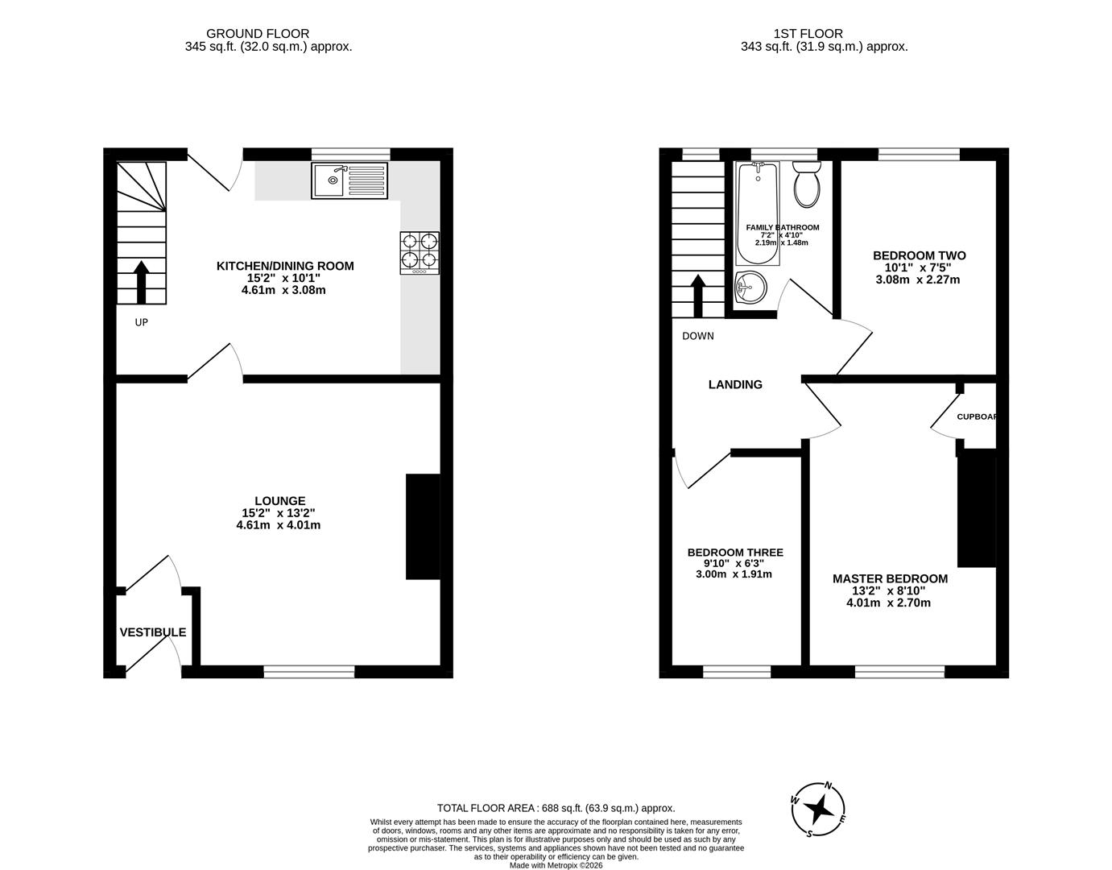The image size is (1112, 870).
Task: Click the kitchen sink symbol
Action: pos(349,180)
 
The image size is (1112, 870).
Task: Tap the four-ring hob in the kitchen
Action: pos(420,251)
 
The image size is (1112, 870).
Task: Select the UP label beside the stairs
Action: pos(141,322)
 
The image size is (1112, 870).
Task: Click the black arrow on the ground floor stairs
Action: pos(141,281)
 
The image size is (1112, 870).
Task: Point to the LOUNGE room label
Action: pos(279,501)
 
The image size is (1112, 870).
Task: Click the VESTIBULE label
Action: pos(153,632)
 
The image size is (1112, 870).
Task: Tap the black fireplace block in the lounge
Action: pos(423,527)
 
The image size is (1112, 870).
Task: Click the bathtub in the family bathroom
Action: pos(757,213)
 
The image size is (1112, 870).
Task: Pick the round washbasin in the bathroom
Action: pos(750,287)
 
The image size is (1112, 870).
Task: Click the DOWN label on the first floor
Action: pos(697,336)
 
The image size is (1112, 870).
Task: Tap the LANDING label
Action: pos(735,385)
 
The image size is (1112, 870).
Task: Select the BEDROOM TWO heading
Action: pos(919,255)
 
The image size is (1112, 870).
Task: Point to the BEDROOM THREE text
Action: pos(734,553)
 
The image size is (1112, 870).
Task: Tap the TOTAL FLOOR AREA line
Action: pos(556,808)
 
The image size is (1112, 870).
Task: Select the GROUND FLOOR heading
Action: pos(258,34)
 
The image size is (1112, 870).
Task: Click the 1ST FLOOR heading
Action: pos(808,34)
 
